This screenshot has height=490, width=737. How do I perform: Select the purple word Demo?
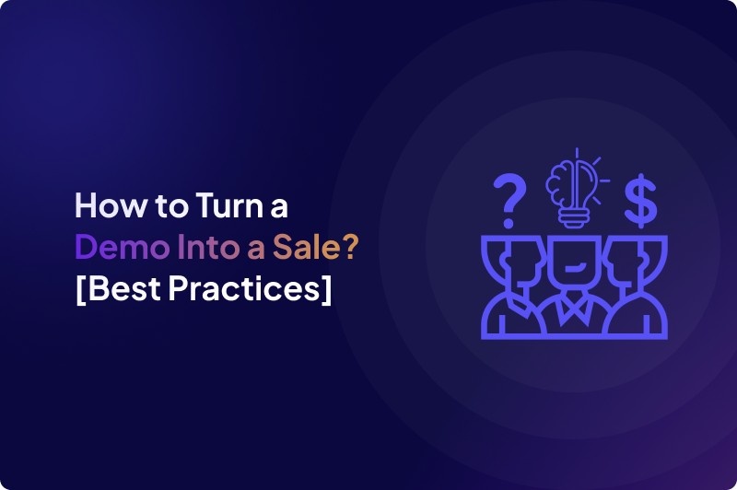111,246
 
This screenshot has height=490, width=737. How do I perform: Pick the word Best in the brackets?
122,288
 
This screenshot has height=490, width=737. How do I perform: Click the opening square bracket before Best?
79,289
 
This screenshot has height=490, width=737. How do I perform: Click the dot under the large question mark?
507,223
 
